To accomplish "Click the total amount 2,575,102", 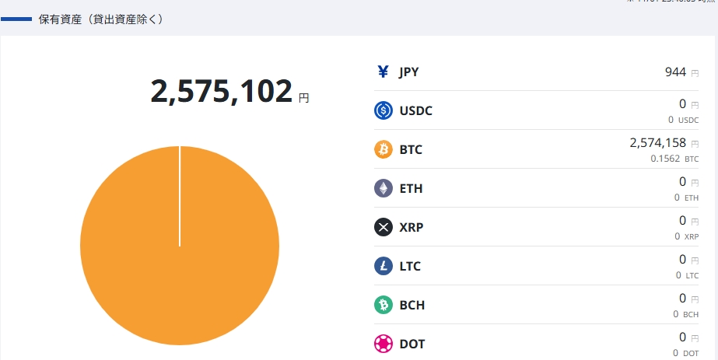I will click(x=221, y=92).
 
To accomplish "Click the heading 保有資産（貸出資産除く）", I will click(x=101, y=19).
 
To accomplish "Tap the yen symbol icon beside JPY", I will click(x=383, y=72).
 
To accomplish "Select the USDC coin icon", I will click(x=383, y=110).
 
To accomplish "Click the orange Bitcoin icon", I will click(x=383, y=149).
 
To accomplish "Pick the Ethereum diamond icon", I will click(x=383, y=188).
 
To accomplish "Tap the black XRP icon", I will click(x=383, y=227).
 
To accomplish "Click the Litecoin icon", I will click(x=383, y=266).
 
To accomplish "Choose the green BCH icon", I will click(x=383, y=305).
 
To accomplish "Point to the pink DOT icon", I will click(x=383, y=344).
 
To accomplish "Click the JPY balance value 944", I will click(x=675, y=72).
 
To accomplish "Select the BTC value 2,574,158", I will click(x=657, y=142).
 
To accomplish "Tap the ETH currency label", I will click(x=411, y=188).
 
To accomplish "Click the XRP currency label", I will click(x=411, y=227).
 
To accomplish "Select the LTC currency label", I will click(x=410, y=266).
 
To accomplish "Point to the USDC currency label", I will click(x=415, y=110).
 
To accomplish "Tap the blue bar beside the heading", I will click(x=16, y=19).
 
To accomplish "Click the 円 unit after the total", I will click(x=303, y=98).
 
